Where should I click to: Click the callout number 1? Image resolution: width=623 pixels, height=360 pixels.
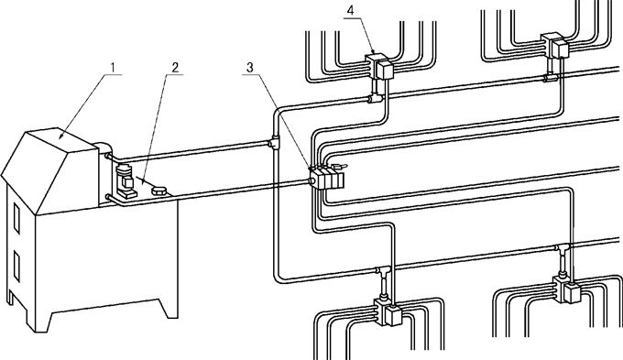pos(113,68)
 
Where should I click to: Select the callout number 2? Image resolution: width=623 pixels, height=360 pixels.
pos(175,68)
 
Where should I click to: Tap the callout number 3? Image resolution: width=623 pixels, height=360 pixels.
pos(249,68)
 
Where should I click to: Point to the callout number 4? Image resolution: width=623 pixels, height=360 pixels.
pos(350,10)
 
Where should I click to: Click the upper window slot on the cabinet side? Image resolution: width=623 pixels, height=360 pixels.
pos(16,218)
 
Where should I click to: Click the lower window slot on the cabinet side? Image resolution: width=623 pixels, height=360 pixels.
pos(16,267)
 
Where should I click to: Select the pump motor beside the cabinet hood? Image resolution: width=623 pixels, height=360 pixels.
pos(126,181)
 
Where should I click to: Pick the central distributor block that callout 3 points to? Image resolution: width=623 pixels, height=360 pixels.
pos(326,178)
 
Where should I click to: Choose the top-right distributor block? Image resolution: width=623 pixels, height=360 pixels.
pos(555,45)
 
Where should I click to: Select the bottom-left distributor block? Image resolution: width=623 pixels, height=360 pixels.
pos(388,312)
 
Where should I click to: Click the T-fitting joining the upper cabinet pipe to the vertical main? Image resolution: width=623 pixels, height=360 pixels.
pos(274,142)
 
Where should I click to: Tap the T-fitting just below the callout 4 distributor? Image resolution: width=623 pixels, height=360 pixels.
pos(376,97)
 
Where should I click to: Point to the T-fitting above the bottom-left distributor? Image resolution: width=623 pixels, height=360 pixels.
pos(384,273)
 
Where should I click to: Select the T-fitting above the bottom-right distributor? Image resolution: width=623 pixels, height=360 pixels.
pos(563,249)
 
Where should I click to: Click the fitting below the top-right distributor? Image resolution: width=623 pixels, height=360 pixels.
pos(552,78)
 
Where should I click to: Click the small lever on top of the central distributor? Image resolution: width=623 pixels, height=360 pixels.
pos(339,166)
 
